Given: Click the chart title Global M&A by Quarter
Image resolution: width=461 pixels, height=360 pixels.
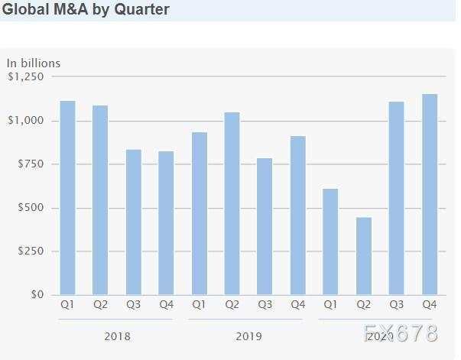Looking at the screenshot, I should pyautogui.click(x=86, y=10).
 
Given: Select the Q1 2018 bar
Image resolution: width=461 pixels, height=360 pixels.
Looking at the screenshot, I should pyautogui.click(x=67, y=198).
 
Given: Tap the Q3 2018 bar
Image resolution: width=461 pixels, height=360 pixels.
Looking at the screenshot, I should pyautogui.click(x=133, y=222).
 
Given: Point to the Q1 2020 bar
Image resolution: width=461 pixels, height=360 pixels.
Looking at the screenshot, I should pyautogui.click(x=330, y=242).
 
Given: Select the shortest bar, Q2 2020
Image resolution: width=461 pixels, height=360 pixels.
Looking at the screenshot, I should pyautogui.click(x=363, y=256).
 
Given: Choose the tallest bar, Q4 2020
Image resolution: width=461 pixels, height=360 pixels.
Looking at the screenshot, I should pyautogui.click(x=429, y=194).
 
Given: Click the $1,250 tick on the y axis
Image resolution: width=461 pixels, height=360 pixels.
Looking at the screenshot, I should pyautogui.click(x=26, y=76).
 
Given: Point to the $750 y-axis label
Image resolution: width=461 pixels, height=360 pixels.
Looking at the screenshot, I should pyautogui.click(x=29, y=164).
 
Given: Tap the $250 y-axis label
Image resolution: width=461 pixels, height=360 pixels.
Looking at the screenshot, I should pyautogui.click(x=29, y=251).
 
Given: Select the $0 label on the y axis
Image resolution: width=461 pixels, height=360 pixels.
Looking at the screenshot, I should pyautogui.click(x=36, y=295).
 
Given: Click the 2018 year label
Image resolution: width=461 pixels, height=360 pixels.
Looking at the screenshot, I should pyautogui.click(x=117, y=336).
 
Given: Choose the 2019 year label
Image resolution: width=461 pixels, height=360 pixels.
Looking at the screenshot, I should pyautogui.click(x=248, y=336).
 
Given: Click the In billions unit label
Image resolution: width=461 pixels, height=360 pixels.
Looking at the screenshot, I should pyautogui.click(x=34, y=63).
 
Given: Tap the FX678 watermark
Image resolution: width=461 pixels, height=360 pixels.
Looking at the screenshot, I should pyautogui.click(x=401, y=334).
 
